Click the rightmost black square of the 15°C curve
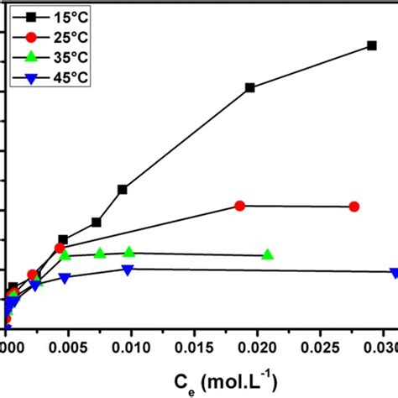pyautogui.click(x=372, y=46)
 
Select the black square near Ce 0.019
pyautogui.click(x=249, y=87)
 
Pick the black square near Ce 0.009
pyautogui.click(x=123, y=190)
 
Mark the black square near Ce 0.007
pyautogui.click(x=97, y=223)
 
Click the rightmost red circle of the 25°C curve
pyautogui.click(x=354, y=207)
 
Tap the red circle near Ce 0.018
pyautogui.click(x=239, y=206)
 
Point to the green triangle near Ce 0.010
pyautogui.click(x=129, y=252)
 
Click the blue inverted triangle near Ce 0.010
pyautogui.click(x=128, y=270)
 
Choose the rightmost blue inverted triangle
pyautogui.click(x=394, y=273)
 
